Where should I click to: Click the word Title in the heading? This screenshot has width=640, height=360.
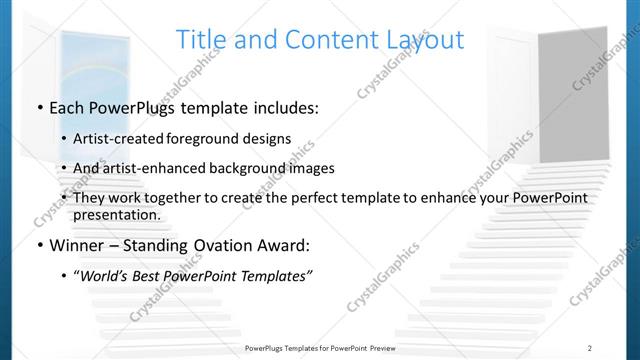pos(201,40)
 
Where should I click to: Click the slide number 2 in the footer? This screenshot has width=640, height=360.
pos(590,347)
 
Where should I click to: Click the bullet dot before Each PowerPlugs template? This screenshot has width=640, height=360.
pos(39,107)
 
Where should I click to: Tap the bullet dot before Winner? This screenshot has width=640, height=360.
pos(39,244)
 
